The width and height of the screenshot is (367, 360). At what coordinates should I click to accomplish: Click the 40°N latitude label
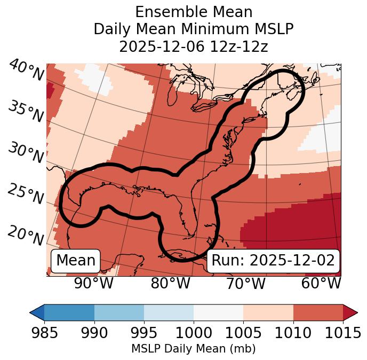pyautogui.click(x=26, y=71)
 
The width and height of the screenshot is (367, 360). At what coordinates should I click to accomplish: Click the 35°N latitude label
pyautogui.click(x=26, y=112)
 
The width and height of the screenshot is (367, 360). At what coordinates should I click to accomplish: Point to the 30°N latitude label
pyautogui.click(x=26, y=153)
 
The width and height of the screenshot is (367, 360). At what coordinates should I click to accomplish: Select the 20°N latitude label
pyautogui.click(x=26, y=236)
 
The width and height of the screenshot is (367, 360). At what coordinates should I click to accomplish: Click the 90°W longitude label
pyautogui.click(x=94, y=284)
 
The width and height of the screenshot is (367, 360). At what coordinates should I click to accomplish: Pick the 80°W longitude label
pyautogui.click(x=170, y=284)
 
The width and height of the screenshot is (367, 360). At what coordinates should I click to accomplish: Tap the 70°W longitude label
pyautogui.click(x=245, y=284)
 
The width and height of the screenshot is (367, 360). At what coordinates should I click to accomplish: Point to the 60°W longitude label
pyautogui.click(x=321, y=284)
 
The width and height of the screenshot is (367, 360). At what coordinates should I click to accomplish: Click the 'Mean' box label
pyautogui.click(x=76, y=261)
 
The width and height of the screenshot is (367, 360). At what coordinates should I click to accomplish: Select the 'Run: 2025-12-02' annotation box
pyautogui.click(x=273, y=261)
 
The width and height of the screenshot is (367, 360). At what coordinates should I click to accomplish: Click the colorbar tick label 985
pyautogui.click(x=44, y=333)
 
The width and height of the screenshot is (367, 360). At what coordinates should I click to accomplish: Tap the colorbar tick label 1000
pyautogui.click(x=194, y=333)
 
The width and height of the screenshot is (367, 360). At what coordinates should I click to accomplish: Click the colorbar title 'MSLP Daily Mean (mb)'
pyautogui.click(x=193, y=349)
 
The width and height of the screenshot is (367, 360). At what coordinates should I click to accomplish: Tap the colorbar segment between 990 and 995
pyautogui.click(x=119, y=312)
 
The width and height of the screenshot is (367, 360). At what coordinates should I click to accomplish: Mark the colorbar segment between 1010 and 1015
pyautogui.click(x=318, y=312)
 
